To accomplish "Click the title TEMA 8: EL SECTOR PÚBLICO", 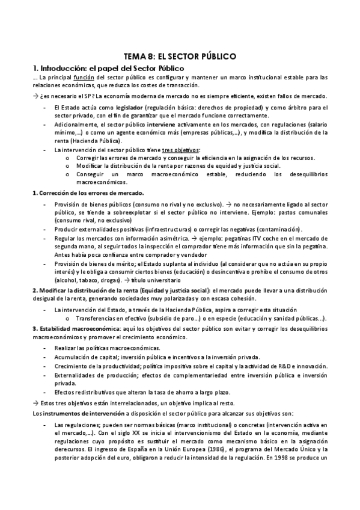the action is pyautogui.click(x=180, y=56).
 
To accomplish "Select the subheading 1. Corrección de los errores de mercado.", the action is pyautogui.click(x=88, y=193).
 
